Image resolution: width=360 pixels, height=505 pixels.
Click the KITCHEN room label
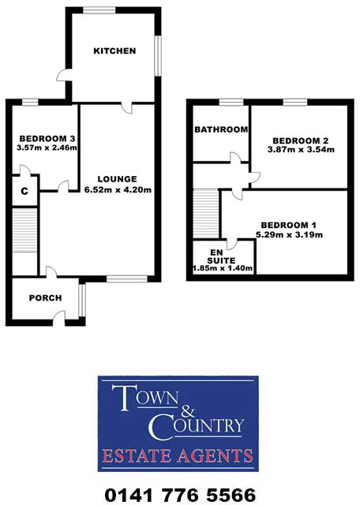tap(114, 51)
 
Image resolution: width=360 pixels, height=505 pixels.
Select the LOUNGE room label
tap(117, 178)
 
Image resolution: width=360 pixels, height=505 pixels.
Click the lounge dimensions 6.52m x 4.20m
tap(117, 189)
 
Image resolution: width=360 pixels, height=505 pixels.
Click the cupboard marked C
tap(24, 191)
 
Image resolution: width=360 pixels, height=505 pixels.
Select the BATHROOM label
tap(222, 129)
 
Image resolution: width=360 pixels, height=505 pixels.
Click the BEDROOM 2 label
tap(298, 140)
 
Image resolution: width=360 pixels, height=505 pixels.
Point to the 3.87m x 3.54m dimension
tap(298, 151)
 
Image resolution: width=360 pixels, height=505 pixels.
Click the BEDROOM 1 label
tap(290, 224)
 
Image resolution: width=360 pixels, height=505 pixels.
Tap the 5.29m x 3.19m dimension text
tap(290, 234)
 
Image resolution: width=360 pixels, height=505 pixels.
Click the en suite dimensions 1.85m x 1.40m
tap(222, 268)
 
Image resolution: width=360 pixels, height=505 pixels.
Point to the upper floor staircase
tap(206, 213)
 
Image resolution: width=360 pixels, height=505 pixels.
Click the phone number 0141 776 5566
tap(181, 495)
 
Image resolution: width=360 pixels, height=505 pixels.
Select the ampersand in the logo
tap(180, 412)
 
